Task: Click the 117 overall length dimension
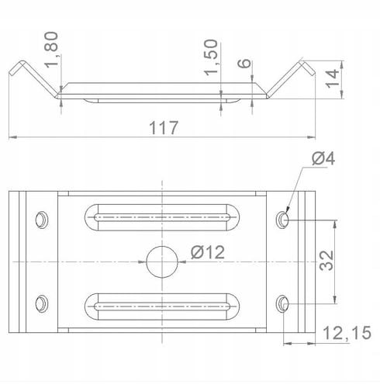click(x=164, y=127)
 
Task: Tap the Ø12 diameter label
click(x=208, y=252)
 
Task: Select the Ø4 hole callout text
click(x=323, y=158)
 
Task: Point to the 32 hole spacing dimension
click(x=326, y=261)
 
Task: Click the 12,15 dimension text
click(x=347, y=333)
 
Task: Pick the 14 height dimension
click(x=332, y=78)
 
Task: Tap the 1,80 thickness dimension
click(x=51, y=50)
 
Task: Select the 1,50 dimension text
click(x=211, y=57)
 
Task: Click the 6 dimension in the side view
click(x=244, y=64)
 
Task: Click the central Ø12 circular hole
click(x=162, y=262)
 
